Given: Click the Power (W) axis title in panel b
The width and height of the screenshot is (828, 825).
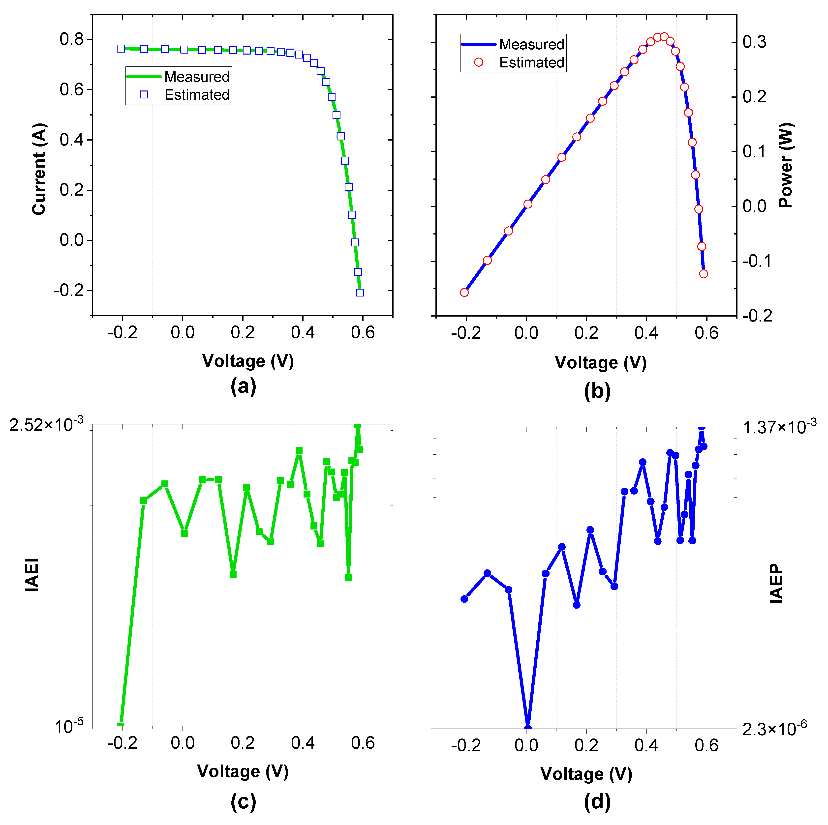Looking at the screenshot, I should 786,166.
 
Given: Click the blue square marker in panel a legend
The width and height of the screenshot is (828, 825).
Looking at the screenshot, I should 144,95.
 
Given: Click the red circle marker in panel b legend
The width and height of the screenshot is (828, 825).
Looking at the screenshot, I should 479,62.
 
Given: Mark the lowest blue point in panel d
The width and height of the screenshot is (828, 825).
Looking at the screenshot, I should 528,727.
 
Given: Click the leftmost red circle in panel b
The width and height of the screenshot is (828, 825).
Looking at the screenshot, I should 464,293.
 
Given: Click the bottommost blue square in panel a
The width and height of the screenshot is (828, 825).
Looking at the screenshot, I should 360,293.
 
